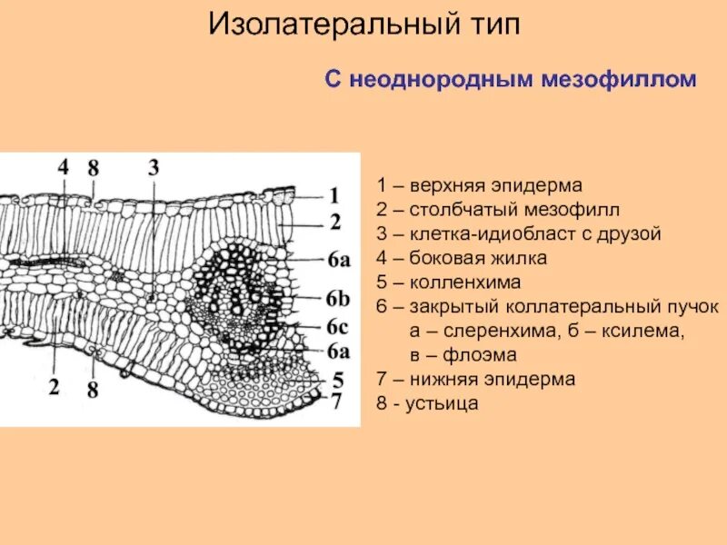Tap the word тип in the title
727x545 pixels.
pyautogui.click(x=491, y=25)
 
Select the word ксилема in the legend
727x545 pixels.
pyautogui.click(x=646, y=330)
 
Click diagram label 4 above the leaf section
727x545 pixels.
pyautogui.click(x=63, y=167)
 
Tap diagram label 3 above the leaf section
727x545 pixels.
pyautogui.click(x=154, y=167)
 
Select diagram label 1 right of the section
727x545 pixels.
pyautogui.click(x=334, y=194)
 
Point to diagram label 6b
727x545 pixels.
pyautogui.click(x=338, y=299)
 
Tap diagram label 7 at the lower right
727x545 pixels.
pyautogui.click(x=336, y=400)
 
